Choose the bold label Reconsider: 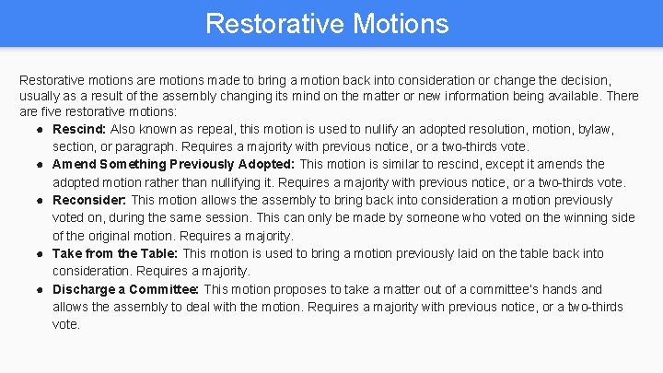(90, 200)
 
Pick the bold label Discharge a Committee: (126, 289)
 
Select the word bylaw (595, 129)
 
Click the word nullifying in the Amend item (234, 182)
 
